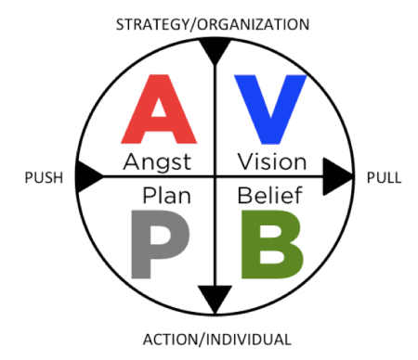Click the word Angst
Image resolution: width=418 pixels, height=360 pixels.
click(x=157, y=162)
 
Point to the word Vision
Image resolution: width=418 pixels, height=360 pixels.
click(x=271, y=162)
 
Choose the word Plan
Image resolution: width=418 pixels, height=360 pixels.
click(x=165, y=196)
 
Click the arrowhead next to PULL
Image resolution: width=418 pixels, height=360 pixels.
click(x=338, y=175)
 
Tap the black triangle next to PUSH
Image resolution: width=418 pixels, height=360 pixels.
click(x=88, y=175)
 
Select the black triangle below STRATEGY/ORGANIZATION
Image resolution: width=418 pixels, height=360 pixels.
click(x=215, y=51)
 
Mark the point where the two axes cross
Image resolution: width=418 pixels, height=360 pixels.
click(x=215, y=175)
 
